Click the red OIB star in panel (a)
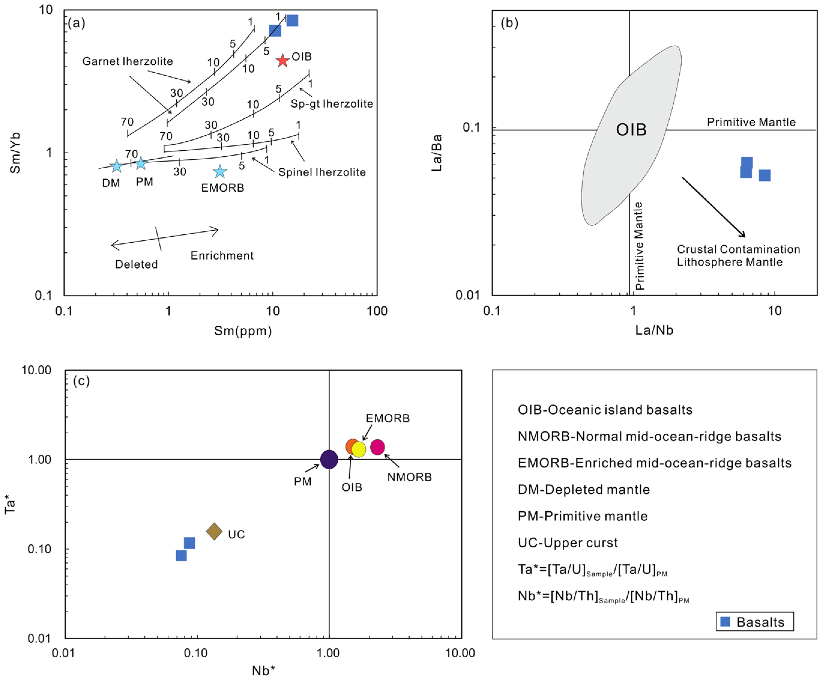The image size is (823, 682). tap(282, 60)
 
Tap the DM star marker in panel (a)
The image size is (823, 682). tap(116, 166)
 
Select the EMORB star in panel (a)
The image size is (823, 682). tap(220, 171)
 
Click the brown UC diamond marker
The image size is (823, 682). tap(214, 531)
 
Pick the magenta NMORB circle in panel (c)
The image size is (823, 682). tap(377, 447)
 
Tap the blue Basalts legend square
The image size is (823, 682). tap(725, 622)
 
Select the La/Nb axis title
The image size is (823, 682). tap(654, 330)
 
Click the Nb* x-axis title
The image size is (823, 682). tap(263, 671)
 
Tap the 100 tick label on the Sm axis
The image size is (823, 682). tap(377, 311)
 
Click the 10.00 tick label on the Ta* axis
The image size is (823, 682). tap(36, 370)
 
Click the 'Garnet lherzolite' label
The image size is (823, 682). tap(127, 61)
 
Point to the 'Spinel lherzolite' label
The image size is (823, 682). tap(322, 172)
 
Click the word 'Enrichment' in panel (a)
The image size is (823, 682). tap(222, 256)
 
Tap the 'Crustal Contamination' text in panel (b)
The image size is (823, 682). tap(738, 249)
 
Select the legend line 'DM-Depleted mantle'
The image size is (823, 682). tap(583, 489)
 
